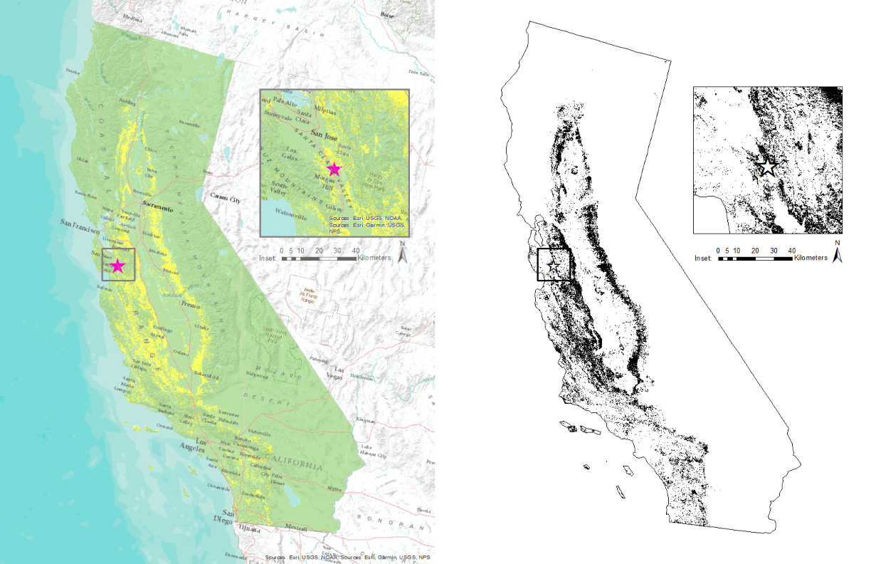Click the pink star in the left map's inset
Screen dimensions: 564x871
pos(334,169)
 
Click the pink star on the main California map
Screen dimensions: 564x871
pos(118,266)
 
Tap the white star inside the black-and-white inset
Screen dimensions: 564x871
pos(768,167)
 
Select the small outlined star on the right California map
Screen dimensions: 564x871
pos(554,265)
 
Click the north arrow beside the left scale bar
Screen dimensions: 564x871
pos(403,253)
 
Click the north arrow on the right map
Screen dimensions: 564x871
pos(838,253)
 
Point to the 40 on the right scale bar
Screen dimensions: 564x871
pos(791,251)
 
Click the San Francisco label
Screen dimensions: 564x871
pos(79,224)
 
